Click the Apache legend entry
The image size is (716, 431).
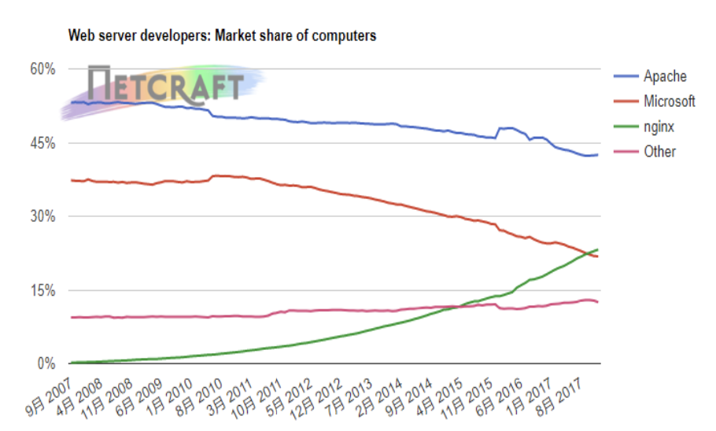point(665,76)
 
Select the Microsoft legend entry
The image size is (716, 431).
point(669,101)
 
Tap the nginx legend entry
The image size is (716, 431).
point(660,126)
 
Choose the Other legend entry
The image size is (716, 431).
point(659,151)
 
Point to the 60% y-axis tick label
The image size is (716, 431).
point(42,69)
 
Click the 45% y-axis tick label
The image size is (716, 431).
point(42,143)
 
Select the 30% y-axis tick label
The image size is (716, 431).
point(42,217)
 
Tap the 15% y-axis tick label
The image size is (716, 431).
point(42,291)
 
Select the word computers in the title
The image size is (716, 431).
point(341,36)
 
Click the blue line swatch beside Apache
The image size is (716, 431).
point(625,76)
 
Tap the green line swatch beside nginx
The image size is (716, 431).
point(625,126)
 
